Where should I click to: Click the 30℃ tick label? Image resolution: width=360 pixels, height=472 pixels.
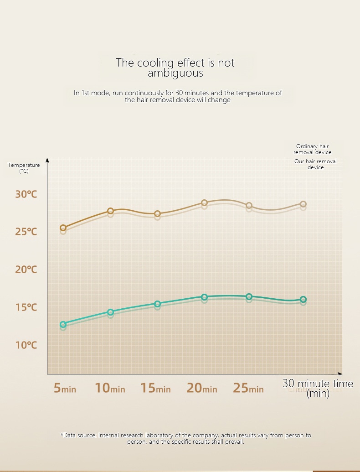26,194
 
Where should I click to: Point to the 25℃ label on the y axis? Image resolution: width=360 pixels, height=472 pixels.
26,232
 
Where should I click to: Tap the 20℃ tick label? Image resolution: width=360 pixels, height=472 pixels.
26,270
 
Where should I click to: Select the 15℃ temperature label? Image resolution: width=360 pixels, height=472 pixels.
26,307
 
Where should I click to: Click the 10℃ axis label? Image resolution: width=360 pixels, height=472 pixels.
26,345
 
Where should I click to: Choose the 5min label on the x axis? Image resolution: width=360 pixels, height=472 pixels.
65,388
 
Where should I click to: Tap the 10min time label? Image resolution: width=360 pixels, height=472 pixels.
110,388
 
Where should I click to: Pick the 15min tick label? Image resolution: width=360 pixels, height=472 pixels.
155,388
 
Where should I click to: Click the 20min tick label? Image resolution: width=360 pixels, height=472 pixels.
202,388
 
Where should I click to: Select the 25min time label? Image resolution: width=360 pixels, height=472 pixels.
248,388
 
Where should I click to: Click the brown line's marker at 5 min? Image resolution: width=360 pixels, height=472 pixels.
63,228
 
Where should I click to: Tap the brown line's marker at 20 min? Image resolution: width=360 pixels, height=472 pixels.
204,202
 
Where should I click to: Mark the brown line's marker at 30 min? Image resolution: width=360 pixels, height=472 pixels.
303,204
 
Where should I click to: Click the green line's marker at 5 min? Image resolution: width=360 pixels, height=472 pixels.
63,324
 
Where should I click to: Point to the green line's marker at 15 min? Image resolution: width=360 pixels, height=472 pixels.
157,304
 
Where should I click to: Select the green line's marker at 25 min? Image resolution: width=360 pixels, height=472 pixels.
249,296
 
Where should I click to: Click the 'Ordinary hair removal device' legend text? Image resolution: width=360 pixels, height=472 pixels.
313,149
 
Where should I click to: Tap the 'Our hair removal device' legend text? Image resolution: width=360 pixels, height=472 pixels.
315,164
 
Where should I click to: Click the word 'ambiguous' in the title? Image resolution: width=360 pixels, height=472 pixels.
175,73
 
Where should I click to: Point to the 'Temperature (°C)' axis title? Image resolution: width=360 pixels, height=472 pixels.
24,168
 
